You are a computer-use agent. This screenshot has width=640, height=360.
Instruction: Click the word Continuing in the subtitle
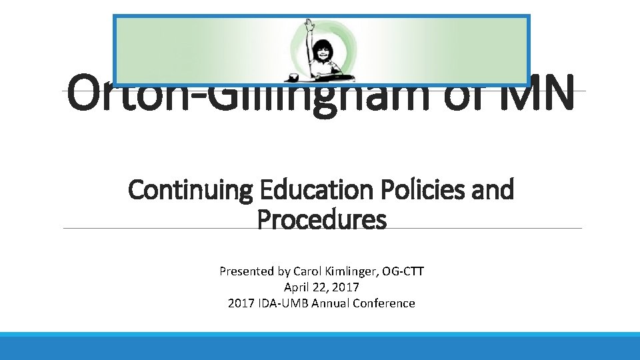(190, 190)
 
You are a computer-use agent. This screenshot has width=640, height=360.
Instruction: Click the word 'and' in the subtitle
(493, 190)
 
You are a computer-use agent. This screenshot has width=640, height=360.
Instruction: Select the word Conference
(385, 303)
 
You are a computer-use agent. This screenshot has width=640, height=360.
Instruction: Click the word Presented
(246, 271)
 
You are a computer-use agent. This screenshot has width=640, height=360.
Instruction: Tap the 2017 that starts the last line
(240, 303)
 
